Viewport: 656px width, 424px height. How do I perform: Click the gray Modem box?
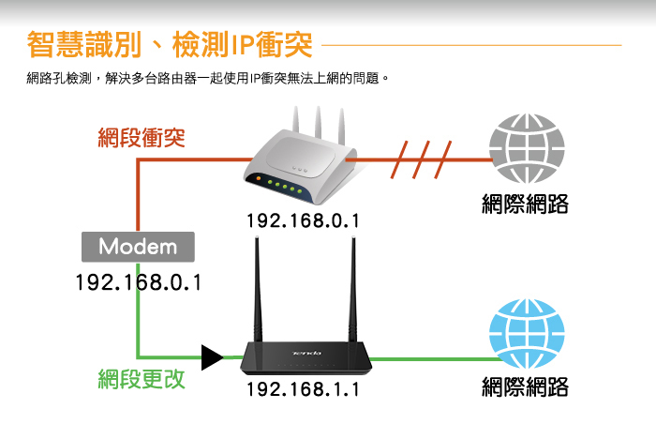(138, 247)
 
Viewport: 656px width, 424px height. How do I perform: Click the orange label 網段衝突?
(142, 138)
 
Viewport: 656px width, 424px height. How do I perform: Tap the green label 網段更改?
(142, 379)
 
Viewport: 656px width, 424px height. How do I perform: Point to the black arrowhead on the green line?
(212, 356)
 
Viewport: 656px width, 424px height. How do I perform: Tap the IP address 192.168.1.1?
(303, 389)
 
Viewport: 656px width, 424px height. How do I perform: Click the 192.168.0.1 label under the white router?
(303, 221)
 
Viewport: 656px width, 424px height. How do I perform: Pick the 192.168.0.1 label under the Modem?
(138, 282)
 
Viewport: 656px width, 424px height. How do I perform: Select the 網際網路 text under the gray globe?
(525, 204)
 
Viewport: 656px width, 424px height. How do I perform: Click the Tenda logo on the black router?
(306, 353)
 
